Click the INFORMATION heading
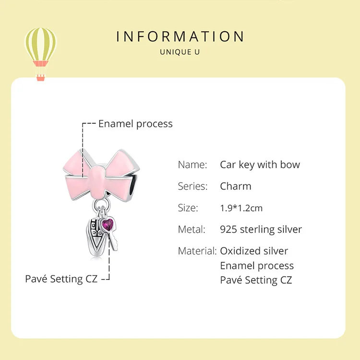pos(180,36)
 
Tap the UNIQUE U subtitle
pos(180,52)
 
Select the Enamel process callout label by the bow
pos(135,124)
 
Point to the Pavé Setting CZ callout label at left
pos(61,278)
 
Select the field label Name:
pos(192,165)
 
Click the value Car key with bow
pos(260,165)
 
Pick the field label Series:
pos(192,186)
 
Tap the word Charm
pos(236,186)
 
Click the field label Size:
pos(188,208)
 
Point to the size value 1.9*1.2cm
pos(241,208)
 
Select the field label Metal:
pos(192,229)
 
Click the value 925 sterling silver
pos(261,229)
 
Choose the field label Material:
pos(197,251)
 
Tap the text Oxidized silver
pos(254,251)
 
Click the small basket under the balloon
pos(40,77)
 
